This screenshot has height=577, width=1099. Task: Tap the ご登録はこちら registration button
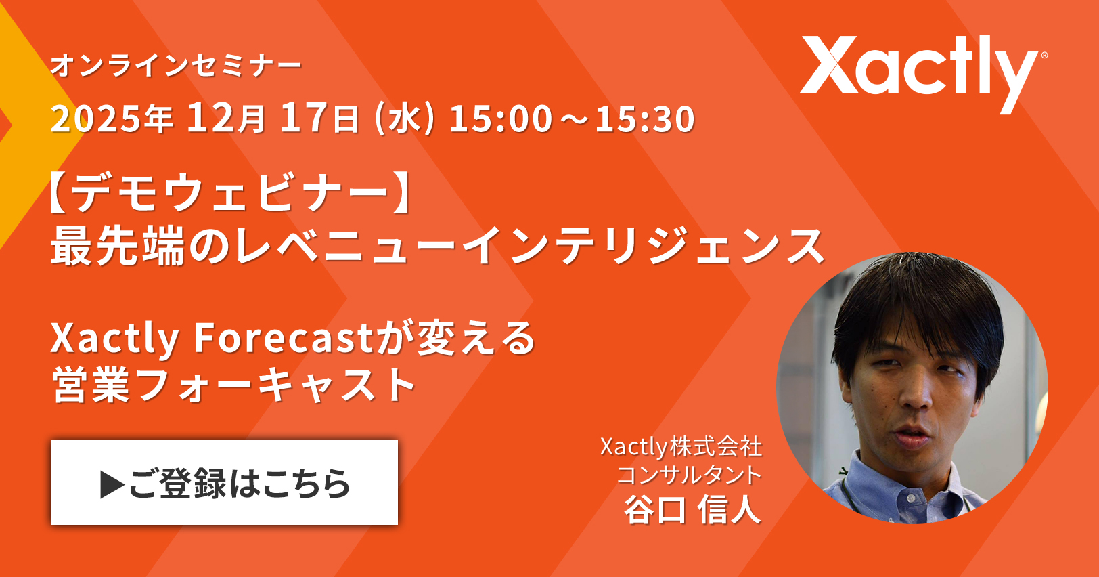[224, 482]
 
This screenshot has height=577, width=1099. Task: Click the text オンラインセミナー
[176, 66]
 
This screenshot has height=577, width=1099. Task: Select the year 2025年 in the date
[112, 119]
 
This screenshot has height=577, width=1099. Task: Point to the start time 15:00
[501, 119]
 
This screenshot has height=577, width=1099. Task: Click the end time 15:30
[645, 119]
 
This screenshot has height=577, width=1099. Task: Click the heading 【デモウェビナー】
[231, 192]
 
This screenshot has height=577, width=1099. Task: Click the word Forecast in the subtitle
[284, 338]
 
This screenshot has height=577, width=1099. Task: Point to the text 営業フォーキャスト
[233, 385]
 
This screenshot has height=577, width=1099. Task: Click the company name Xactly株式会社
[681, 447]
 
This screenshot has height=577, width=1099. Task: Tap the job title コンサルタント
[689, 475]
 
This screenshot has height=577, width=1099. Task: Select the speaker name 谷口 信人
[692, 509]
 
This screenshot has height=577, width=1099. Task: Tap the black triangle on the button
[112, 485]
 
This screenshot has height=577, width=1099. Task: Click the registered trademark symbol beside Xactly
[1044, 56]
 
